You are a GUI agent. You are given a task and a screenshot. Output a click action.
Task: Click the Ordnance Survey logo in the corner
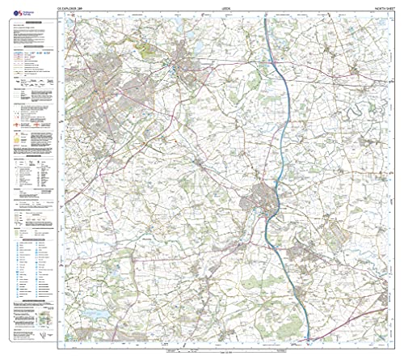11,11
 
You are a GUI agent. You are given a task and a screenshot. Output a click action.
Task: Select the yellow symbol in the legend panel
18,138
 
